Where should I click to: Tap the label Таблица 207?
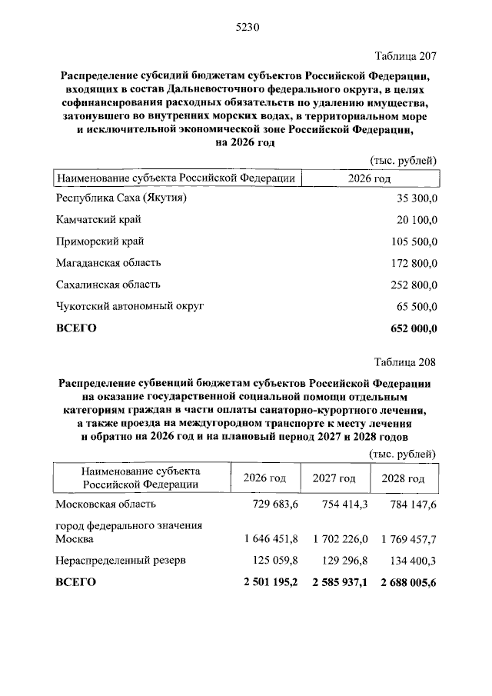405,56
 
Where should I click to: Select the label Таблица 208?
405,362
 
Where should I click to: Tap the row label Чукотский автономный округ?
129,306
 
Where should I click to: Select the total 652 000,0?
410,328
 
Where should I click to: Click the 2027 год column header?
334,478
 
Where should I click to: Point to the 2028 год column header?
403,478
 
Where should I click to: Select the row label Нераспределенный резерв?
120,561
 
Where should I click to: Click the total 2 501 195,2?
271,582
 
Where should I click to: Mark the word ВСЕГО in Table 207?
76,328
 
